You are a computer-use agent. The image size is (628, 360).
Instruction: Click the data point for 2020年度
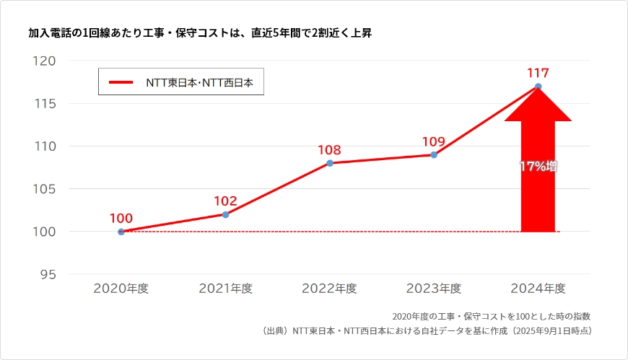point(121,232)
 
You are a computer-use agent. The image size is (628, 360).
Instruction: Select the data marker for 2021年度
point(225,214)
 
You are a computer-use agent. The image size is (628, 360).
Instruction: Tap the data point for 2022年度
point(330,163)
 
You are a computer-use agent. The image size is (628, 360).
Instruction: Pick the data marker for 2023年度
point(434,154)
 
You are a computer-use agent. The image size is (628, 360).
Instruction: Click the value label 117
point(538,73)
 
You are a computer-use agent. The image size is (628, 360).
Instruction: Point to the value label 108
point(329,150)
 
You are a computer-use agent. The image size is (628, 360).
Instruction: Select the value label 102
point(225,201)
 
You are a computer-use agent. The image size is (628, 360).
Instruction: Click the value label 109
point(433,141)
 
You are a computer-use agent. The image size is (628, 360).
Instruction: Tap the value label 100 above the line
point(121,218)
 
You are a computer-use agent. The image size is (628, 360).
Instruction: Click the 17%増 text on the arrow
point(538,166)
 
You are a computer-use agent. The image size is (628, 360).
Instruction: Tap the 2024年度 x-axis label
point(538,289)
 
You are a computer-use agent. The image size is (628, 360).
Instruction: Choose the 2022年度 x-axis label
point(330,289)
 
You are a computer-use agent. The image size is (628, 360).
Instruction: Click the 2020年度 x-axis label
point(121,289)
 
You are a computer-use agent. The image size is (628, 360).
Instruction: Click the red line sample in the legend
point(121,82)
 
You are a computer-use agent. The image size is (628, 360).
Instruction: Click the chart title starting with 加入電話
point(200,33)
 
